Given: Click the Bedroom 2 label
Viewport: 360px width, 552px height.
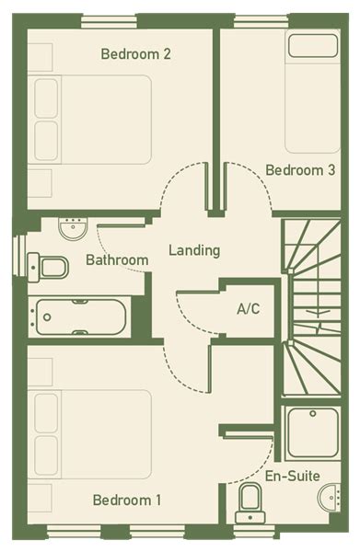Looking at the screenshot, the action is (135, 54).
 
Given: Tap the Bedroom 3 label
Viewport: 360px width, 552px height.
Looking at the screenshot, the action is (300, 170).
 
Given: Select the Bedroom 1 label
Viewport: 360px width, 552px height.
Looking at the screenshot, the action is (127, 500).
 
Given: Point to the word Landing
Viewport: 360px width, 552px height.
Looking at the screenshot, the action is (194, 250).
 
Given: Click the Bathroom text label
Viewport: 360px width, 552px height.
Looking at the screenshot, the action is (117, 260).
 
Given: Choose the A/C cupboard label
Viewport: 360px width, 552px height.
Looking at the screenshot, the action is (249, 309).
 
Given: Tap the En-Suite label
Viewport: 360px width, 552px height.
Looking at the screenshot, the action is (293, 476).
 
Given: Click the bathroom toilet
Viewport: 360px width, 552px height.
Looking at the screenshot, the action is (48, 268).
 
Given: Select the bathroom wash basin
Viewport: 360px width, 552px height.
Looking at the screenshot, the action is (73, 229).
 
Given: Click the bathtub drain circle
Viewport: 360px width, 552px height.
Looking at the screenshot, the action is (47, 317).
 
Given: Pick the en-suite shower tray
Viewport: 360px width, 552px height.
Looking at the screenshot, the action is (313, 432).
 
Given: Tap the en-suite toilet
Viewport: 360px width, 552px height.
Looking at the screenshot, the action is (250, 502).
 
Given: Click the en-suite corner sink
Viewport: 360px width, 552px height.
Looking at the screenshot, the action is (330, 497).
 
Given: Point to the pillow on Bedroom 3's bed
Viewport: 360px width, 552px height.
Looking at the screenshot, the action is (313, 46).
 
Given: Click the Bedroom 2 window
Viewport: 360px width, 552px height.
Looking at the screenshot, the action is (109, 22).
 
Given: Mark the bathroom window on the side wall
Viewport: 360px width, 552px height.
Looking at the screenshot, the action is (19, 256).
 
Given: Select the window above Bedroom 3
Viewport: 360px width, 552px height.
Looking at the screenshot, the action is (261, 22).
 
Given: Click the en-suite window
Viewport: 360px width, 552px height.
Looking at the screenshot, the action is (254, 532).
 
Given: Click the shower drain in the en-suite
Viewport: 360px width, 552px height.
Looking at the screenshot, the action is (313, 414).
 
